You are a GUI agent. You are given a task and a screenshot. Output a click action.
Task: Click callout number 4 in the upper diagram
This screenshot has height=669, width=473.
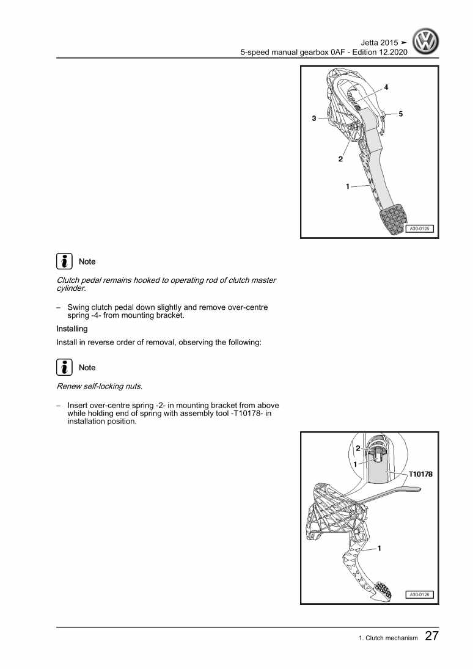(x=386, y=87)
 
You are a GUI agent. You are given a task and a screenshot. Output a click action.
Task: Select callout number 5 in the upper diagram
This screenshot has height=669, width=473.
(x=401, y=114)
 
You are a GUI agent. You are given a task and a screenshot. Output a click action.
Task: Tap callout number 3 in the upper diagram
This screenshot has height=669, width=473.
(x=313, y=119)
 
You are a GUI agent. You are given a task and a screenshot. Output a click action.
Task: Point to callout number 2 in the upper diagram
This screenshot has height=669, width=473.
(x=340, y=159)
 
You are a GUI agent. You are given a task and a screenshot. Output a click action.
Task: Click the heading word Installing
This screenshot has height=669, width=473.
(x=72, y=329)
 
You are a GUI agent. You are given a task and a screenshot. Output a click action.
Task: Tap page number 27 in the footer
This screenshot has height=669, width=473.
(x=431, y=637)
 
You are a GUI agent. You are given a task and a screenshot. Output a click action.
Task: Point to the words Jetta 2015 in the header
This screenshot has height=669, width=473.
(x=380, y=43)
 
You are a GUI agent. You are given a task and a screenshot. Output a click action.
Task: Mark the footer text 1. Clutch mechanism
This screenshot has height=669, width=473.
(x=388, y=638)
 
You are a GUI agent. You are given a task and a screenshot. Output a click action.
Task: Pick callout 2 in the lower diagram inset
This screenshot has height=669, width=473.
(x=358, y=448)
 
